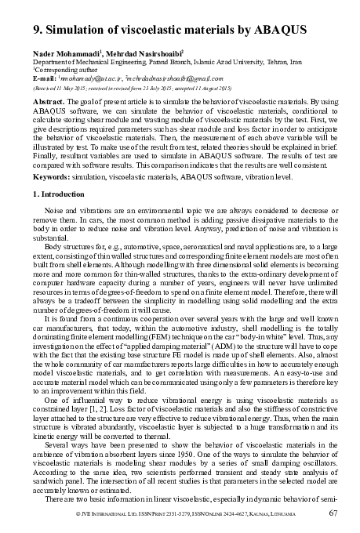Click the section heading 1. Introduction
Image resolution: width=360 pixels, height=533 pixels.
pos(57,193)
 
